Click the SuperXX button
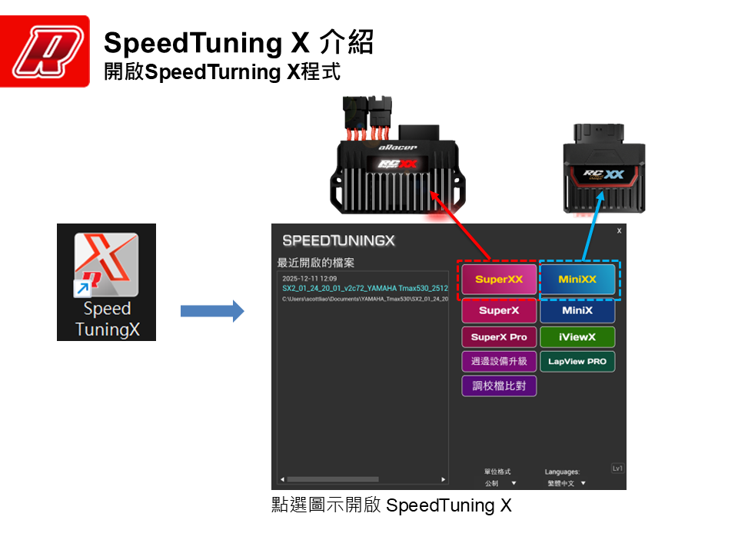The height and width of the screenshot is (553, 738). click(x=499, y=280)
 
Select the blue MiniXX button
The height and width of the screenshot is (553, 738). click(x=577, y=280)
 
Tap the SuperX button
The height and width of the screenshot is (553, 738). click(x=499, y=311)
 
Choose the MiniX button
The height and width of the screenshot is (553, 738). click(x=577, y=311)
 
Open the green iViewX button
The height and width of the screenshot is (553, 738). click(x=577, y=337)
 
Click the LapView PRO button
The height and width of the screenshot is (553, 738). click(x=577, y=362)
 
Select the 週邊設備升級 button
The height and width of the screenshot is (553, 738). click(x=499, y=362)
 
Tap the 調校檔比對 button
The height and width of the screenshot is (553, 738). click(x=499, y=386)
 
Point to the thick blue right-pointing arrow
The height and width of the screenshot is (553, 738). click(x=211, y=311)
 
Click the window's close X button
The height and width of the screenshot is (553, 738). click(x=619, y=231)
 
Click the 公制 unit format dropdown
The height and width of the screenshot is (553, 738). click(x=500, y=484)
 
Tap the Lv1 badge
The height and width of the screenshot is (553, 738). click(x=617, y=469)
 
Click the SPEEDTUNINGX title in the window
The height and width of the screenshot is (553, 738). click(x=338, y=240)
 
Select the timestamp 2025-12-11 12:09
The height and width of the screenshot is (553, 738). click(x=309, y=278)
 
